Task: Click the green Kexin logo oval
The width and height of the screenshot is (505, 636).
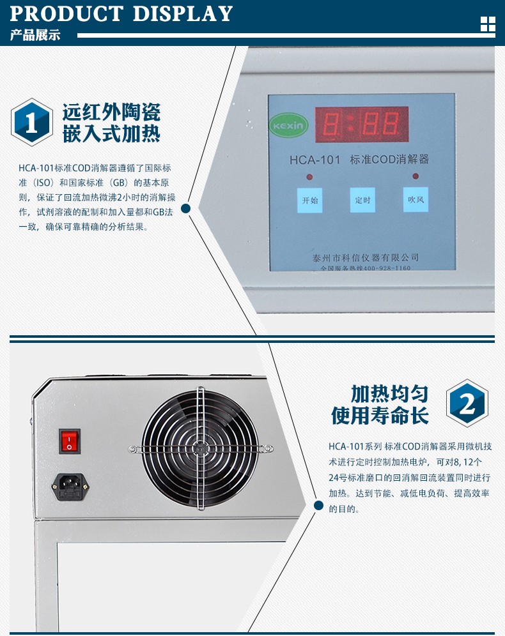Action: [289, 125]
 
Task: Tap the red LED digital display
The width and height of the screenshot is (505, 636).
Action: [362, 125]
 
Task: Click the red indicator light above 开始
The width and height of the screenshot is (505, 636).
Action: [309, 177]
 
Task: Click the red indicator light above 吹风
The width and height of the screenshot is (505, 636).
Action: [416, 176]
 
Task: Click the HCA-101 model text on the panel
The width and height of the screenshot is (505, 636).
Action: [315, 160]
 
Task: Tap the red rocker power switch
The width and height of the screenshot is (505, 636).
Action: [70, 441]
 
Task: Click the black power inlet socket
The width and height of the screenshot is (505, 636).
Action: [70, 487]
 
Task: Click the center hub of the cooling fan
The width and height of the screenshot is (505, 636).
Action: [200, 449]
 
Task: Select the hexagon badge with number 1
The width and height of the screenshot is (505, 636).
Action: [32, 122]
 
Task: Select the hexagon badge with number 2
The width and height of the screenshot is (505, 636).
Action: [467, 403]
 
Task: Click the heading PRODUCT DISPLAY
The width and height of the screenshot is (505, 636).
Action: [121, 13]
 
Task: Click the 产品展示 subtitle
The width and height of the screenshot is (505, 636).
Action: [35, 35]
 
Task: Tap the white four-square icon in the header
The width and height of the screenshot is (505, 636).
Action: [488, 24]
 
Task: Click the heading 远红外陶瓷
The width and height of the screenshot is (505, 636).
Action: [111, 112]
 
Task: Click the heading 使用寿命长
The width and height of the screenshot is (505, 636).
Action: [380, 415]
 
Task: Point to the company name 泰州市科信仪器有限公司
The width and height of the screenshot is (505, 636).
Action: [366, 257]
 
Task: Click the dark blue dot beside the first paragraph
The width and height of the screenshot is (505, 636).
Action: [186, 208]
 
